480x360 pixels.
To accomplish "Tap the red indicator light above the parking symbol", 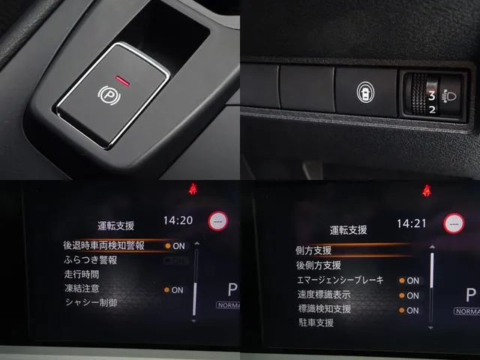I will pos(124,76).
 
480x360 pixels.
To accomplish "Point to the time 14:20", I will pos(178,221).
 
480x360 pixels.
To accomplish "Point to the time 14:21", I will pos(411,223).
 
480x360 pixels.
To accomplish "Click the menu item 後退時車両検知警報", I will pos(104,245).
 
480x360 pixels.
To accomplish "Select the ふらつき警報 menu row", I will pos(91,259).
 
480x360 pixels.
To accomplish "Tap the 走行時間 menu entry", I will pos(82,274).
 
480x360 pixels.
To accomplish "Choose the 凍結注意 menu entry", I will pos(82,288).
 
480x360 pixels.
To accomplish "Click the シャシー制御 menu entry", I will pos(91,302).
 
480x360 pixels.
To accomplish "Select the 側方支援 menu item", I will pos(314,250).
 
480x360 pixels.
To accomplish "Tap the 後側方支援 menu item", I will pos(319,265).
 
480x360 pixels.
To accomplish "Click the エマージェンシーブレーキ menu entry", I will pos(340,280).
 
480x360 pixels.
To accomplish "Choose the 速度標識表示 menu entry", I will pos(324,295).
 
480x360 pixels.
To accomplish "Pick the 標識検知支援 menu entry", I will pos(324,309).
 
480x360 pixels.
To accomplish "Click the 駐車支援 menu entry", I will pos(315,323).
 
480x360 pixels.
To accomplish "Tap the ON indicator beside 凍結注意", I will pos(175,289).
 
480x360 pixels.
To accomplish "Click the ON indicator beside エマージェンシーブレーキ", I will pos(411,280).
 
